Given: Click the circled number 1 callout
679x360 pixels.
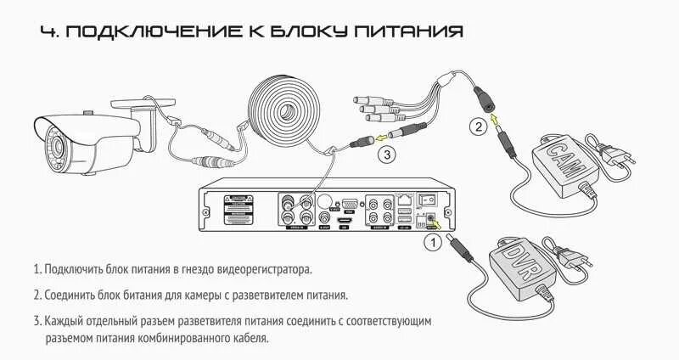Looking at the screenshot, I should click(432, 244).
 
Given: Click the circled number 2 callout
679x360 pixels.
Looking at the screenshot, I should click(480, 127).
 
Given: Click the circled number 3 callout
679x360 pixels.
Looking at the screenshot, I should click(386, 155).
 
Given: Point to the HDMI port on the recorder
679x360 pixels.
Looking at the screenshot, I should click(345, 221).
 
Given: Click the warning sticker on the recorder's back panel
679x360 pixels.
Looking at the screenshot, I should click(237, 209).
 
